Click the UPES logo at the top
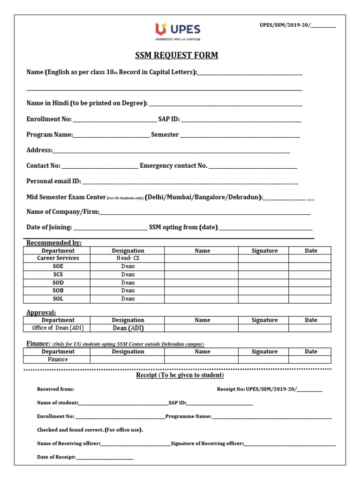click(180, 32)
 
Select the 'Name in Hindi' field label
click(87, 103)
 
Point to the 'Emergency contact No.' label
click(173, 166)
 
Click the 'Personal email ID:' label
click(54, 181)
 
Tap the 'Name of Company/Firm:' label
click(63, 212)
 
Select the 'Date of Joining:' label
click(49, 227)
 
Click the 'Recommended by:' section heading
click(54, 243)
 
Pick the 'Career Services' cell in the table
click(58, 258)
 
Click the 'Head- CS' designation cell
click(127, 258)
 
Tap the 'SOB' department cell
click(58, 291)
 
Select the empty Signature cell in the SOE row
click(264, 266)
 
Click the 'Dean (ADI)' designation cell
click(127, 328)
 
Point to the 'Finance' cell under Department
click(58, 360)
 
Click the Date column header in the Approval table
click(310, 320)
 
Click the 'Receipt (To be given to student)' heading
click(180, 375)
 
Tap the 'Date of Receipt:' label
click(56, 457)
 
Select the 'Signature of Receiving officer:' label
click(207, 443)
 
